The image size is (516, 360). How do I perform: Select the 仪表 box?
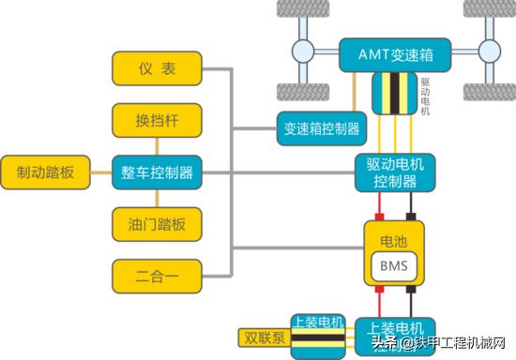click(x=158, y=68)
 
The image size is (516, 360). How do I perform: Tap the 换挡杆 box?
click(x=158, y=121)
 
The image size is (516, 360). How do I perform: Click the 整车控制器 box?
click(x=158, y=172)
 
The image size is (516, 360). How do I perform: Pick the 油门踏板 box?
click(x=158, y=224)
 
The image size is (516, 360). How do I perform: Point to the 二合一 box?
click(x=158, y=277)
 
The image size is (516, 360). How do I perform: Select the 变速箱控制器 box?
click(x=321, y=129)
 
